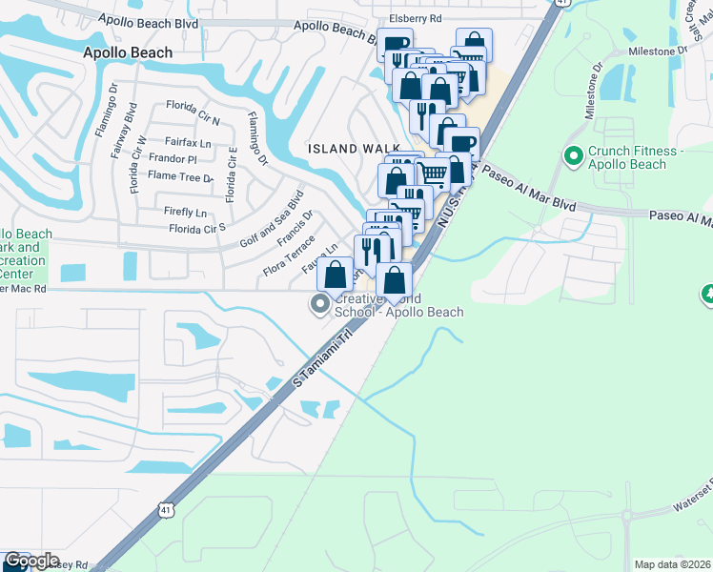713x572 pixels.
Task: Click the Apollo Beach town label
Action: pyautogui.click(x=128, y=53)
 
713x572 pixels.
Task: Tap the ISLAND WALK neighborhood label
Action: pyautogui.click(x=345, y=149)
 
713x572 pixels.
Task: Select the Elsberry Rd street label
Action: pyautogui.click(x=416, y=18)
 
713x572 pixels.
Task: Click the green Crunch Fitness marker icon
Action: pyautogui.click(x=574, y=154)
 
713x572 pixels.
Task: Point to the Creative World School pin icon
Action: pyautogui.click(x=319, y=305)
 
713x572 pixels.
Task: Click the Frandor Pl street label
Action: pyautogui.click(x=173, y=159)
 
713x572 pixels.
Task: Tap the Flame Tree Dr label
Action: pyautogui.click(x=180, y=176)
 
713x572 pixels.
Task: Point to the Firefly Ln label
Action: pyautogui.click(x=186, y=212)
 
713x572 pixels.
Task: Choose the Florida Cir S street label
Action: pyautogui.click(x=196, y=228)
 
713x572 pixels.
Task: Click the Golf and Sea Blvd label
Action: pyautogui.click(x=272, y=219)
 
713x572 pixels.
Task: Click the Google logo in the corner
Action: pyautogui.click(x=31, y=561)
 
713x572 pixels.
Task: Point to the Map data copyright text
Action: pyautogui.click(x=673, y=564)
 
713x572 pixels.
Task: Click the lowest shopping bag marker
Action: pyautogui.click(x=395, y=280)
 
